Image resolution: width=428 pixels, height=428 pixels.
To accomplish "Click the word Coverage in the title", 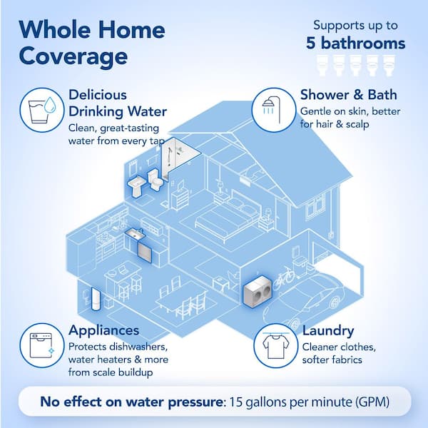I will pyautogui.click(x=73, y=56).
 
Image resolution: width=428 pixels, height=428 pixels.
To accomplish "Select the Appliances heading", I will pyautogui.click(x=103, y=331).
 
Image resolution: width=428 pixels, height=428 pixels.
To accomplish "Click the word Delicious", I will pyautogui.click(x=98, y=95).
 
